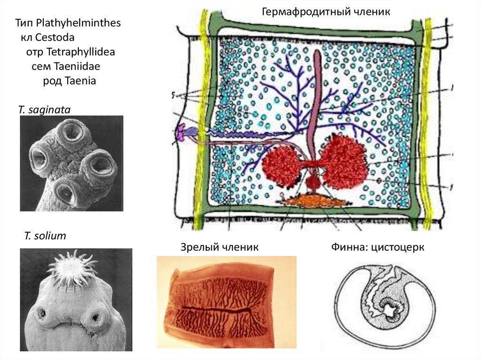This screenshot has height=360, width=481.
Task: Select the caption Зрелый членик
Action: [219, 247]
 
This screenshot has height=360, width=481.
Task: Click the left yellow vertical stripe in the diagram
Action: [203, 117]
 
